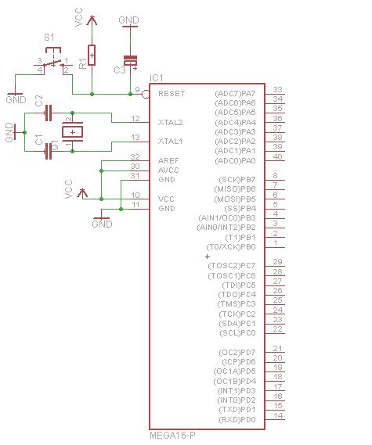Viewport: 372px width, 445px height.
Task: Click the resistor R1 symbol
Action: pyautogui.click(x=92, y=56)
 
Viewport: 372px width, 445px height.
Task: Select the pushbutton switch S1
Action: pyautogui.click(x=52, y=63)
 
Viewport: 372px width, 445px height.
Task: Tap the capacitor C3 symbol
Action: pyautogui.click(x=130, y=60)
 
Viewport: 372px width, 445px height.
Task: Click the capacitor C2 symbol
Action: pyautogui.click(x=49, y=113)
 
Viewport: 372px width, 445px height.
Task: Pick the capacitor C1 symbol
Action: pyautogui.click(x=49, y=152)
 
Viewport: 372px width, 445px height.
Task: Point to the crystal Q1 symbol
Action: pyautogui.click(x=74, y=133)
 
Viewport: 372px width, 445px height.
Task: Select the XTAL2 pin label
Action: pyautogui.click(x=170, y=123)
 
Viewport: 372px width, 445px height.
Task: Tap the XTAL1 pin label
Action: pyautogui.click(x=170, y=142)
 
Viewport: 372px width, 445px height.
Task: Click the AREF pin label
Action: pyautogui.click(x=168, y=160)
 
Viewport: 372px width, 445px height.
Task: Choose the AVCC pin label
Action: pyautogui.click(x=168, y=170)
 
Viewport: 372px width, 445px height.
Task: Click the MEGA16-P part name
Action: pyautogui.click(x=172, y=435)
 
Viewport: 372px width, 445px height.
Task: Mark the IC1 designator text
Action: pyautogui.click(x=156, y=77)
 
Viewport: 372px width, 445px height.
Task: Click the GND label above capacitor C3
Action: pyautogui.click(x=129, y=20)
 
